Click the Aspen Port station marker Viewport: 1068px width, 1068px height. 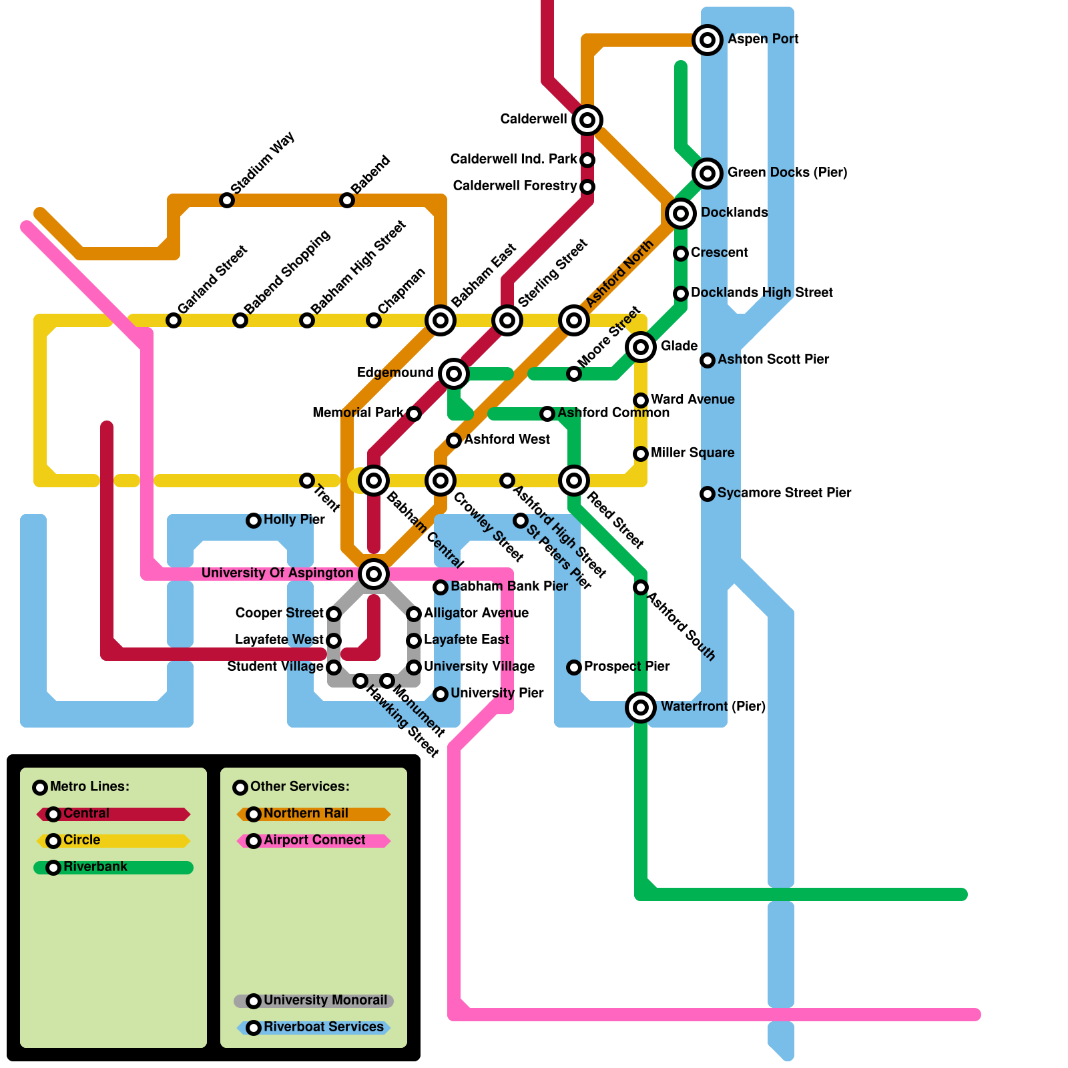(708, 40)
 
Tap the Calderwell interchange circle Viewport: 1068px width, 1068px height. (587, 120)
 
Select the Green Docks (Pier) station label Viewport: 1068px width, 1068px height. (787, 172)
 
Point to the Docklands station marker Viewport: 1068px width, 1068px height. (681, 214)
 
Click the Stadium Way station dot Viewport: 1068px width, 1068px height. (227, 200)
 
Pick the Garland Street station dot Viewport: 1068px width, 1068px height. (174, 320)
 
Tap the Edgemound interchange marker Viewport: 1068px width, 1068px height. (454, 374)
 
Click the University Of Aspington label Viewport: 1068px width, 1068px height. (277, 573)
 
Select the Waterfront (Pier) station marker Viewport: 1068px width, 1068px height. (641, 708)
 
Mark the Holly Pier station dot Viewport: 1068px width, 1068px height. (254, 521)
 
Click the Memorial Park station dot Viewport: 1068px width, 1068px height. (414, 414)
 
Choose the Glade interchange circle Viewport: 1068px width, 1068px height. (641, 347)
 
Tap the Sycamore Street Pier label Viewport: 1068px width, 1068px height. (784, 493)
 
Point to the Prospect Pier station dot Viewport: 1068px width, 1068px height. (574, 667)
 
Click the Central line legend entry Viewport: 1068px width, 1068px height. (113, 814)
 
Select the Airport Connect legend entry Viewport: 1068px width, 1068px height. (314, 840)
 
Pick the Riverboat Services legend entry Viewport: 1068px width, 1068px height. (314, 1027)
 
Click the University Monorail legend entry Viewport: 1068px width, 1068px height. (314, 1001)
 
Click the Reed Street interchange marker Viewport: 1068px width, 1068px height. (574, 481)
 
